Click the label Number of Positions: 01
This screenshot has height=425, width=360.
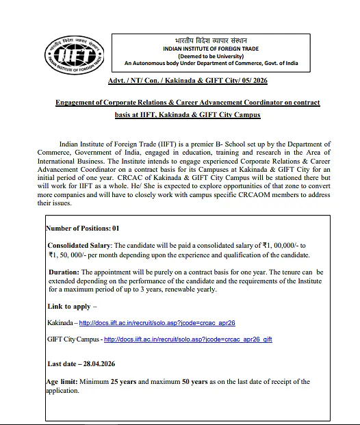(x=81, y=228)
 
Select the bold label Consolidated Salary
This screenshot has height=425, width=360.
(x=79, y=244)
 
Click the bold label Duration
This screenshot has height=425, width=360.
(x=65, y=272)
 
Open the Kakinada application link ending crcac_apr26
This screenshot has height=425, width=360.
(x=157, y=322)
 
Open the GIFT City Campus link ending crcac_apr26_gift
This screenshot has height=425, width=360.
(x=188, y=339)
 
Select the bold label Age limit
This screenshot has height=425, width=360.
(x=62, y=382)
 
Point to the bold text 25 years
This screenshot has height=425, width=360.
(x=123, y=382)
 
